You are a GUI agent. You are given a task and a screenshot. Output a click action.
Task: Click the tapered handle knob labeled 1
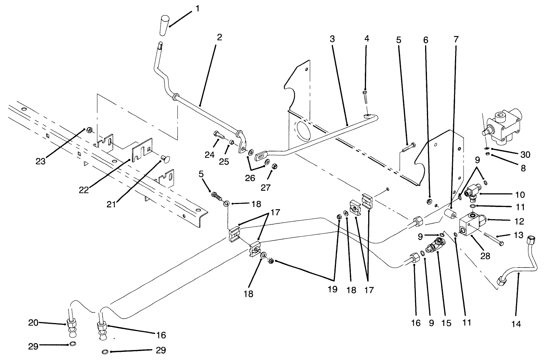(x=165, y=26)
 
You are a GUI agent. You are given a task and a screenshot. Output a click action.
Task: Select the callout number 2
(x=219, y=37)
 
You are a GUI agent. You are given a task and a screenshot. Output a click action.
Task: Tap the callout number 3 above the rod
(x=332, y=39)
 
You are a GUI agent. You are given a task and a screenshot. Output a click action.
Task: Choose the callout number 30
(x=525, y=154)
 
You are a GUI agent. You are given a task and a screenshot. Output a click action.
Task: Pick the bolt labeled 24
(x=219, y=136)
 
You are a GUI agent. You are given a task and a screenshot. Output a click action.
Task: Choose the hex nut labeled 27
(x=274, y=166)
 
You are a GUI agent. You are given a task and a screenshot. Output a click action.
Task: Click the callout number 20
(x=33, y=323)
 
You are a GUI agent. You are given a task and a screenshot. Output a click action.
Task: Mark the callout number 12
(x=519, y=221)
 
